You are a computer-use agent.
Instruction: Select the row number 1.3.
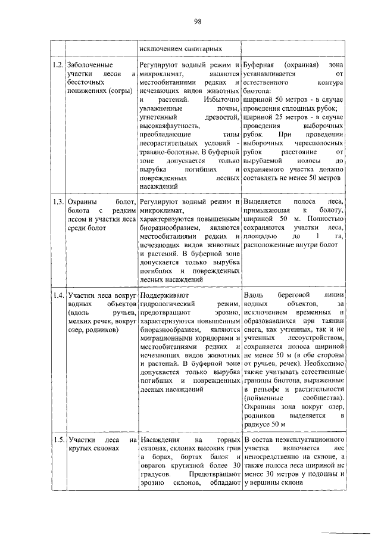coord(57,202)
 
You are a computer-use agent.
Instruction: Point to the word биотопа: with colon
coord(257,91)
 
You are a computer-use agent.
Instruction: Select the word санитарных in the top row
coord(195,48)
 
